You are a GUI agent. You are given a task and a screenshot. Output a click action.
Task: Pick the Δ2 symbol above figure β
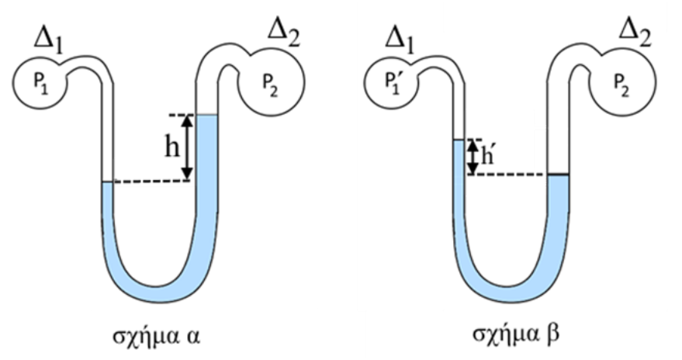coord(635,33)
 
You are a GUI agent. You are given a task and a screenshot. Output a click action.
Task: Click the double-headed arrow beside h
coord(187,147)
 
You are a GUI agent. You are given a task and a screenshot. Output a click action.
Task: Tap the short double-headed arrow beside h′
coord(472,157)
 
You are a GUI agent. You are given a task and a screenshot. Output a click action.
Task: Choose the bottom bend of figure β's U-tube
coord(509,289)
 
